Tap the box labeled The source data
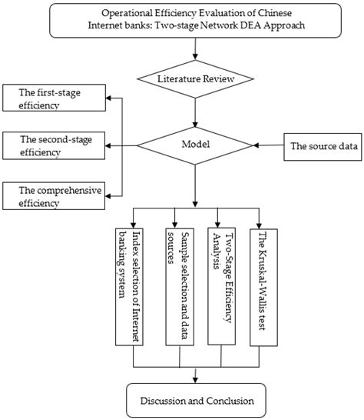(x=322, y=145)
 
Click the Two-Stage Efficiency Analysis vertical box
(x=220, y=284)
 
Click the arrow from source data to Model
(x=269, y=145)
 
